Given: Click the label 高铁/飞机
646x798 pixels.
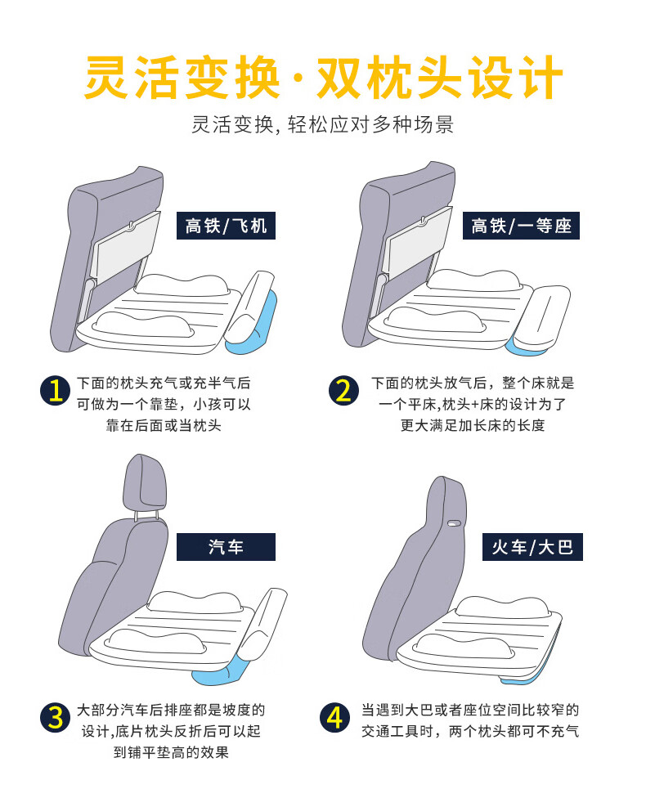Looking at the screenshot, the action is point(226,226).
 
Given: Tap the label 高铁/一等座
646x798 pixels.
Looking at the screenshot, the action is point(521,226).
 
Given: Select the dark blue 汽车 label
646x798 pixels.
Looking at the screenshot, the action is point(226,547).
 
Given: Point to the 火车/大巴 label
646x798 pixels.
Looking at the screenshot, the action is point(532,547).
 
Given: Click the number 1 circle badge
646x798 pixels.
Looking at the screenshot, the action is point(55,391).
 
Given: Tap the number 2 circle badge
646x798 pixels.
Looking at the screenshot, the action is point(343,391).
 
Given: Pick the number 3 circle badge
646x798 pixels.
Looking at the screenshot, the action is point(55,718).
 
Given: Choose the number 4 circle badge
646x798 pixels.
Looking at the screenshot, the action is point(334,718).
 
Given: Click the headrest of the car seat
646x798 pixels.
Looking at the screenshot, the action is point(145,483).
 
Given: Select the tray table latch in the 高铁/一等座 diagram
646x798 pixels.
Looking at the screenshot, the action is point(422,222).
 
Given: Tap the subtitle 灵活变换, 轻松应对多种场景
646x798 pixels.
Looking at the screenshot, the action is point(322,124).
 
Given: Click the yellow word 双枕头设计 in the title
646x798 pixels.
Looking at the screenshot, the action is point(439,78).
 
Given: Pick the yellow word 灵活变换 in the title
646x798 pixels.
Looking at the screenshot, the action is point(182,78).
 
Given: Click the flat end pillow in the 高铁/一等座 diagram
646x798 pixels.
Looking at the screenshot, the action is point(541,316).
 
